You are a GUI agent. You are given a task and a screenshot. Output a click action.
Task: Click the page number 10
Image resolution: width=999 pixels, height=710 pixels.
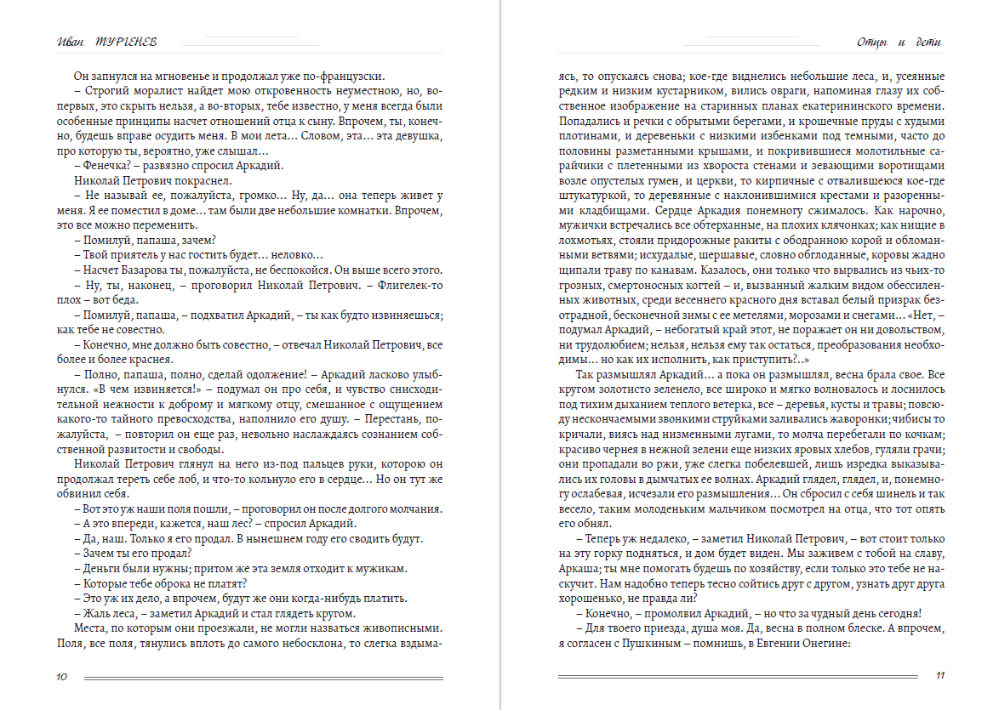pos(61,677)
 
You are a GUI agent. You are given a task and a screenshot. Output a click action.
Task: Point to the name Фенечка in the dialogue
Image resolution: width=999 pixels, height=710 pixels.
pos(106,166)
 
